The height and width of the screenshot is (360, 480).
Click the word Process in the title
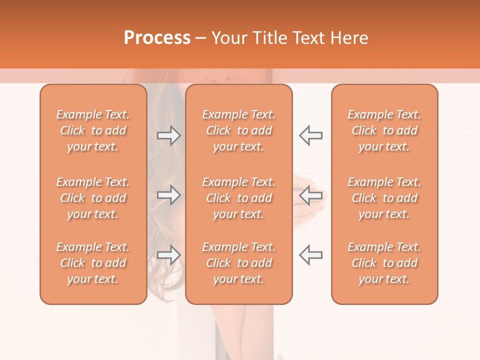157,38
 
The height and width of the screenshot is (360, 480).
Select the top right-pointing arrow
169,135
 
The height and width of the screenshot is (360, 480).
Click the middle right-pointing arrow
169,195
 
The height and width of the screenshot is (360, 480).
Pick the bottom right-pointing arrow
169,254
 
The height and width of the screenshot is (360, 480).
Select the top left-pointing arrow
310,135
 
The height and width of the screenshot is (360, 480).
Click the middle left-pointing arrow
310,195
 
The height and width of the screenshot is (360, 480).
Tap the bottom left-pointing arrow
310,254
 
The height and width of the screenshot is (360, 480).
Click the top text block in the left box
93,130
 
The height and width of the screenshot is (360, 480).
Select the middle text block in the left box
93,198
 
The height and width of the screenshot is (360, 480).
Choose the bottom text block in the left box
93,263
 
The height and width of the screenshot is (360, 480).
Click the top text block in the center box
239,130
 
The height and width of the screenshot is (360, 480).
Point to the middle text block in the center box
239,198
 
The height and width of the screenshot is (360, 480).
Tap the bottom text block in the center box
239,263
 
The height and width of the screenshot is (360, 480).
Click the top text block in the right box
384,130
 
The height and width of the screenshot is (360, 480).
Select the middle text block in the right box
384,198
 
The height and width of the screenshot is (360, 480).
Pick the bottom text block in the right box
384,263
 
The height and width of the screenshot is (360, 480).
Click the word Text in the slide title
311,38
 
